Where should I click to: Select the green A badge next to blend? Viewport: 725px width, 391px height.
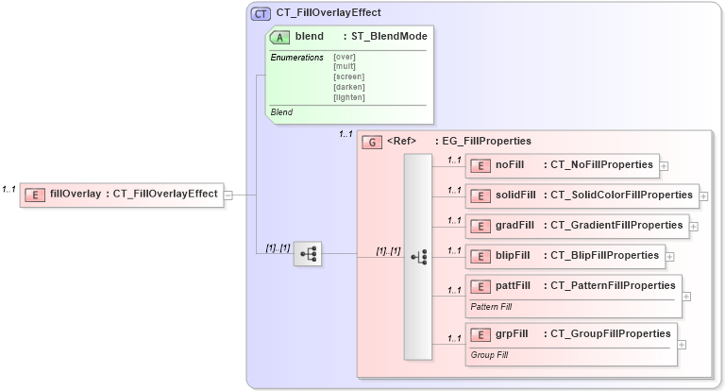[280, 37]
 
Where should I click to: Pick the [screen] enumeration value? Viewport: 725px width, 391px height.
[349, 76]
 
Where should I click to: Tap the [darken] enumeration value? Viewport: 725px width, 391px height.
[349, 87]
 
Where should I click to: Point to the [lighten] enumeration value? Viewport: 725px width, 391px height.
[349, 97]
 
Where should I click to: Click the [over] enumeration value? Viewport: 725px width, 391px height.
[345, 57]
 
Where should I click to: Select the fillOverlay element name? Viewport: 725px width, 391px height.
[76, 195]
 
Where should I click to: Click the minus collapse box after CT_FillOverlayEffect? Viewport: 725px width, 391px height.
[228, 195]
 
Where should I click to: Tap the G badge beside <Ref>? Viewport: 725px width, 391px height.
[372, 142]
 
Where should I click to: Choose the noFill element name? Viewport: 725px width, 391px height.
[510, 164]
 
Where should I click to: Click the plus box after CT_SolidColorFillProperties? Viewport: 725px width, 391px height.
[703, 196]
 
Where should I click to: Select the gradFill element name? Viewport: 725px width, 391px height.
[515, 226]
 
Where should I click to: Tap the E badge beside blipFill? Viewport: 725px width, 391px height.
[481, 256]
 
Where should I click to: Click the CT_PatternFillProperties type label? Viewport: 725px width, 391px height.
[613, 285]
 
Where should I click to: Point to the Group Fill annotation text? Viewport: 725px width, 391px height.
[490, 355]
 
